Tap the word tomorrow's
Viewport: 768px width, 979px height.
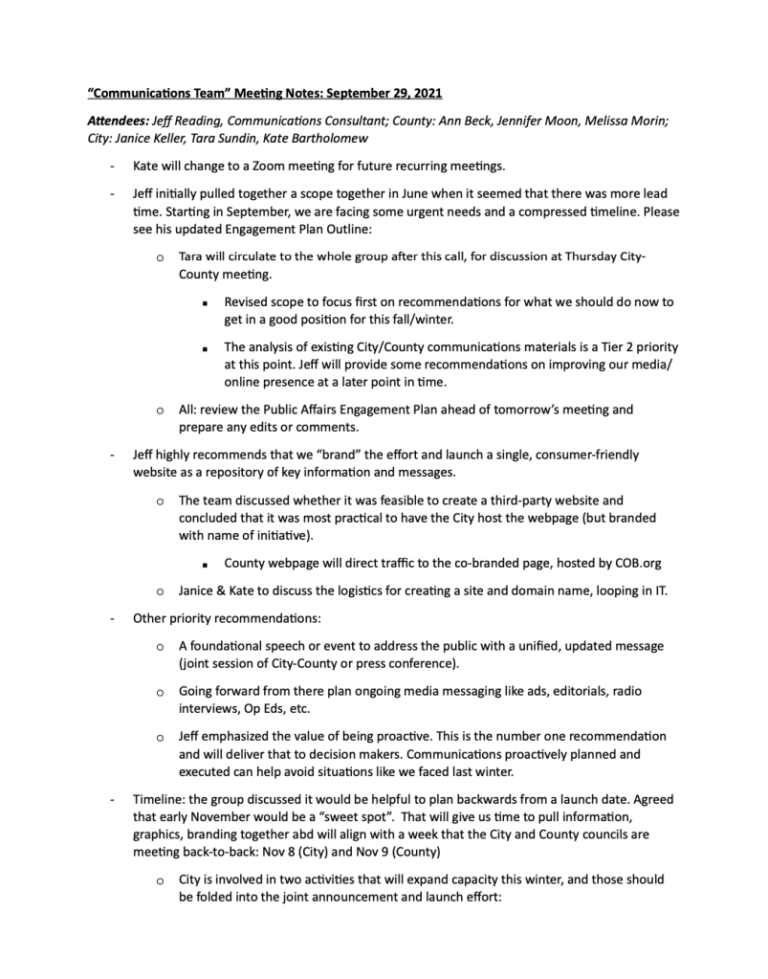539,410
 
